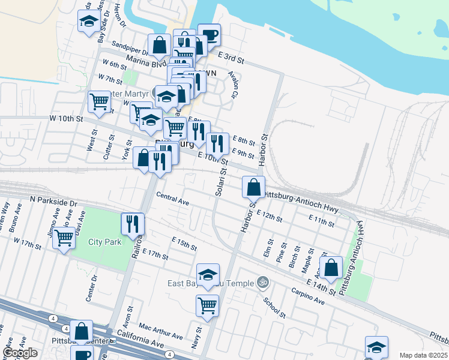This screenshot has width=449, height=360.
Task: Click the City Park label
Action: [x=104, y=242]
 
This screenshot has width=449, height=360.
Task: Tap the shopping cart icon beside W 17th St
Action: [x=64, y=238]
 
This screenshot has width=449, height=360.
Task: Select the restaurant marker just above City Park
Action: [x=133, y=224]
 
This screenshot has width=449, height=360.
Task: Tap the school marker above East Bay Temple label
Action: [x=208, y=275]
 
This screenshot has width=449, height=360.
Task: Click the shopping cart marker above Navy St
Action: [x=207, y=305]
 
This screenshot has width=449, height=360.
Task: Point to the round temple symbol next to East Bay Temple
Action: [x=262, y=281]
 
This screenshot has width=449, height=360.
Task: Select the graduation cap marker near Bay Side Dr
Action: [x=89, y=22]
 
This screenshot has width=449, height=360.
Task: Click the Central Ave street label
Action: [x=172, y=199]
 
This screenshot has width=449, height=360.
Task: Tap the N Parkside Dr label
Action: [x=53, y=200]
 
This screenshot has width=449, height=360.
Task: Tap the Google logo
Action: [x=20, y=353]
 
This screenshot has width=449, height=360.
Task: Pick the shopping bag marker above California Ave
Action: [x=81, y=331]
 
